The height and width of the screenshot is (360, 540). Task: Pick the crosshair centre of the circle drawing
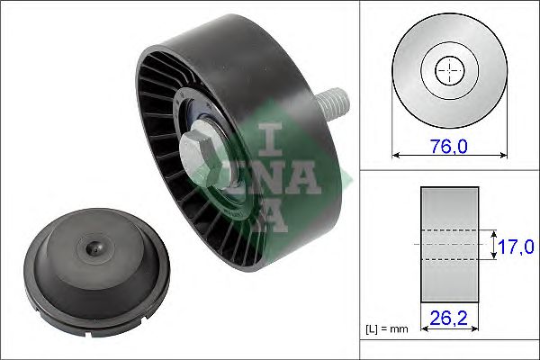coord(447,69)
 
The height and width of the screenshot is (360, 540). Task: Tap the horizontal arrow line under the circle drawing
coord(447,157)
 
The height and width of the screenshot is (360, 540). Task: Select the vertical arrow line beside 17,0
coord(494,244)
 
